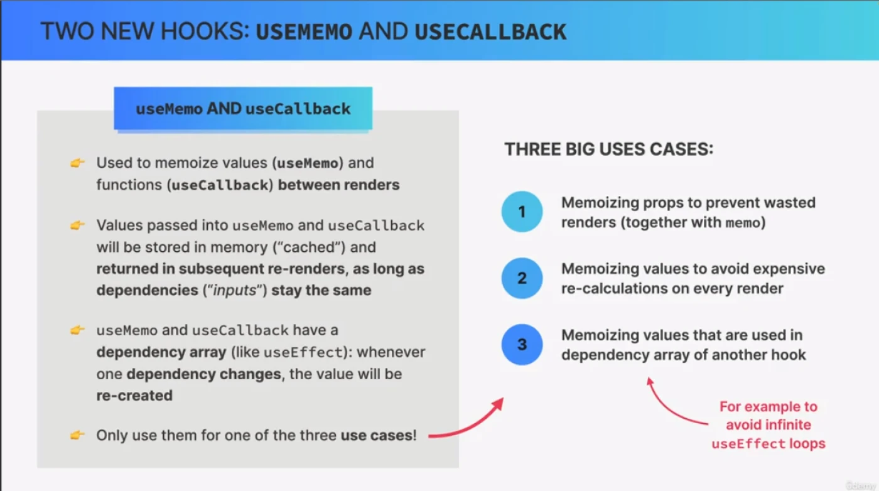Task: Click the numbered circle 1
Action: point(522,212)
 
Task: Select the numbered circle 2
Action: point(522,278)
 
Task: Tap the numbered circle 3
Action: point(522,344)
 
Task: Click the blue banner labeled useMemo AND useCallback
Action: point(243,109)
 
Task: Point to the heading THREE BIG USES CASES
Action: point(608,149)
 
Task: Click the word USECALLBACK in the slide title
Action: point(490,31)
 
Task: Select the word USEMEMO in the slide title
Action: point(304,31)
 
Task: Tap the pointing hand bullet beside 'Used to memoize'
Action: point(77,163)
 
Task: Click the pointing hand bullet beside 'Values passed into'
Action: point(77,225)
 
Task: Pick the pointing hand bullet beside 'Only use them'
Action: point(77,435)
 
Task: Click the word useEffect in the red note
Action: point(748,443)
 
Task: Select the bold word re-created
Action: point(134,395)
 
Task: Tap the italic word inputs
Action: point(235,291)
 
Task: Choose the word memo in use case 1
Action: point(743,223)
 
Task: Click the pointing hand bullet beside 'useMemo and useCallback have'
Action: point(77,330)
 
